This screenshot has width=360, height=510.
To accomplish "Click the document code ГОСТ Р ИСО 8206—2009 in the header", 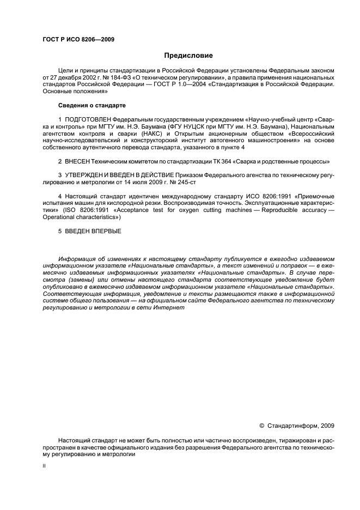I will [78, 39].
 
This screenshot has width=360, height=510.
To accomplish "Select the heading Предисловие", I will [188, 56].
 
